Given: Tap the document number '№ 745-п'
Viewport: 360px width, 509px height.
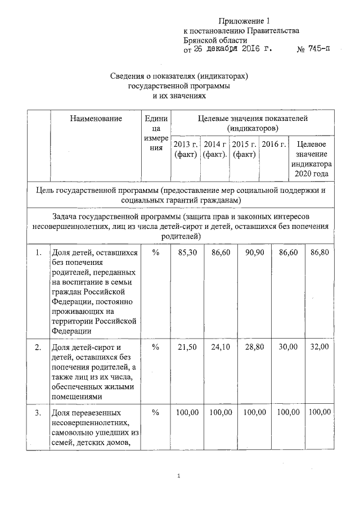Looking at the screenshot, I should tap(312, 49).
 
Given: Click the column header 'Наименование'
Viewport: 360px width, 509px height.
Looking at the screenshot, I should tap(96, 118).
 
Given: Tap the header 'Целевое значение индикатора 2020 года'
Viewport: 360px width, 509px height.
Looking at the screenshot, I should tap(311, 159).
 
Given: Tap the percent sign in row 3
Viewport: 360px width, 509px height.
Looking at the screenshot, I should tap(155, 413).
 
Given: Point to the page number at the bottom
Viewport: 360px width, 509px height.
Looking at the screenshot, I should tap(179, 476).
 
